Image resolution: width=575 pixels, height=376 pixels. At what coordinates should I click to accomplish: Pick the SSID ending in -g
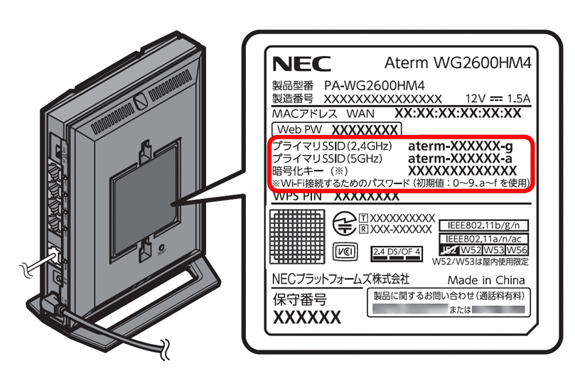(460, 145)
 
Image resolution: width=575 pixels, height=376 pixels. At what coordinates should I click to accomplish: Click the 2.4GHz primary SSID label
(323, 145)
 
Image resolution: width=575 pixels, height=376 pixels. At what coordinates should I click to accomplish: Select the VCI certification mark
(345, 251)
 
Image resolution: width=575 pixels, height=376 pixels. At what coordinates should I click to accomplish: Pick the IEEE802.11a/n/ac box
(485, 238)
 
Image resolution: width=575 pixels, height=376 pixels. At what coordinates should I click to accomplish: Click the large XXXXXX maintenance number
(307, 317)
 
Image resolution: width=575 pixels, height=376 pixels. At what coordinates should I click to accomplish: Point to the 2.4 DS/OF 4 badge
(397, 252)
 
